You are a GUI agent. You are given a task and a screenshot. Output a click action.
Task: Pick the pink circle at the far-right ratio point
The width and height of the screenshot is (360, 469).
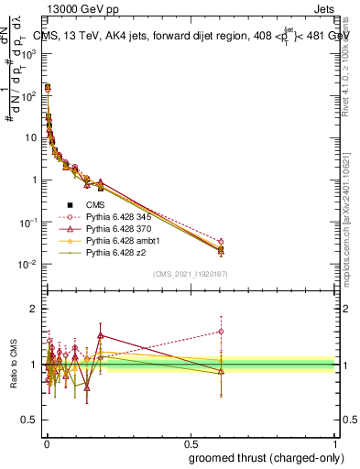tap(221, 332)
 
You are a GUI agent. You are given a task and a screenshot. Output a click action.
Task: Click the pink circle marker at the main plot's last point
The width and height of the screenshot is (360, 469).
tap(221, 242)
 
